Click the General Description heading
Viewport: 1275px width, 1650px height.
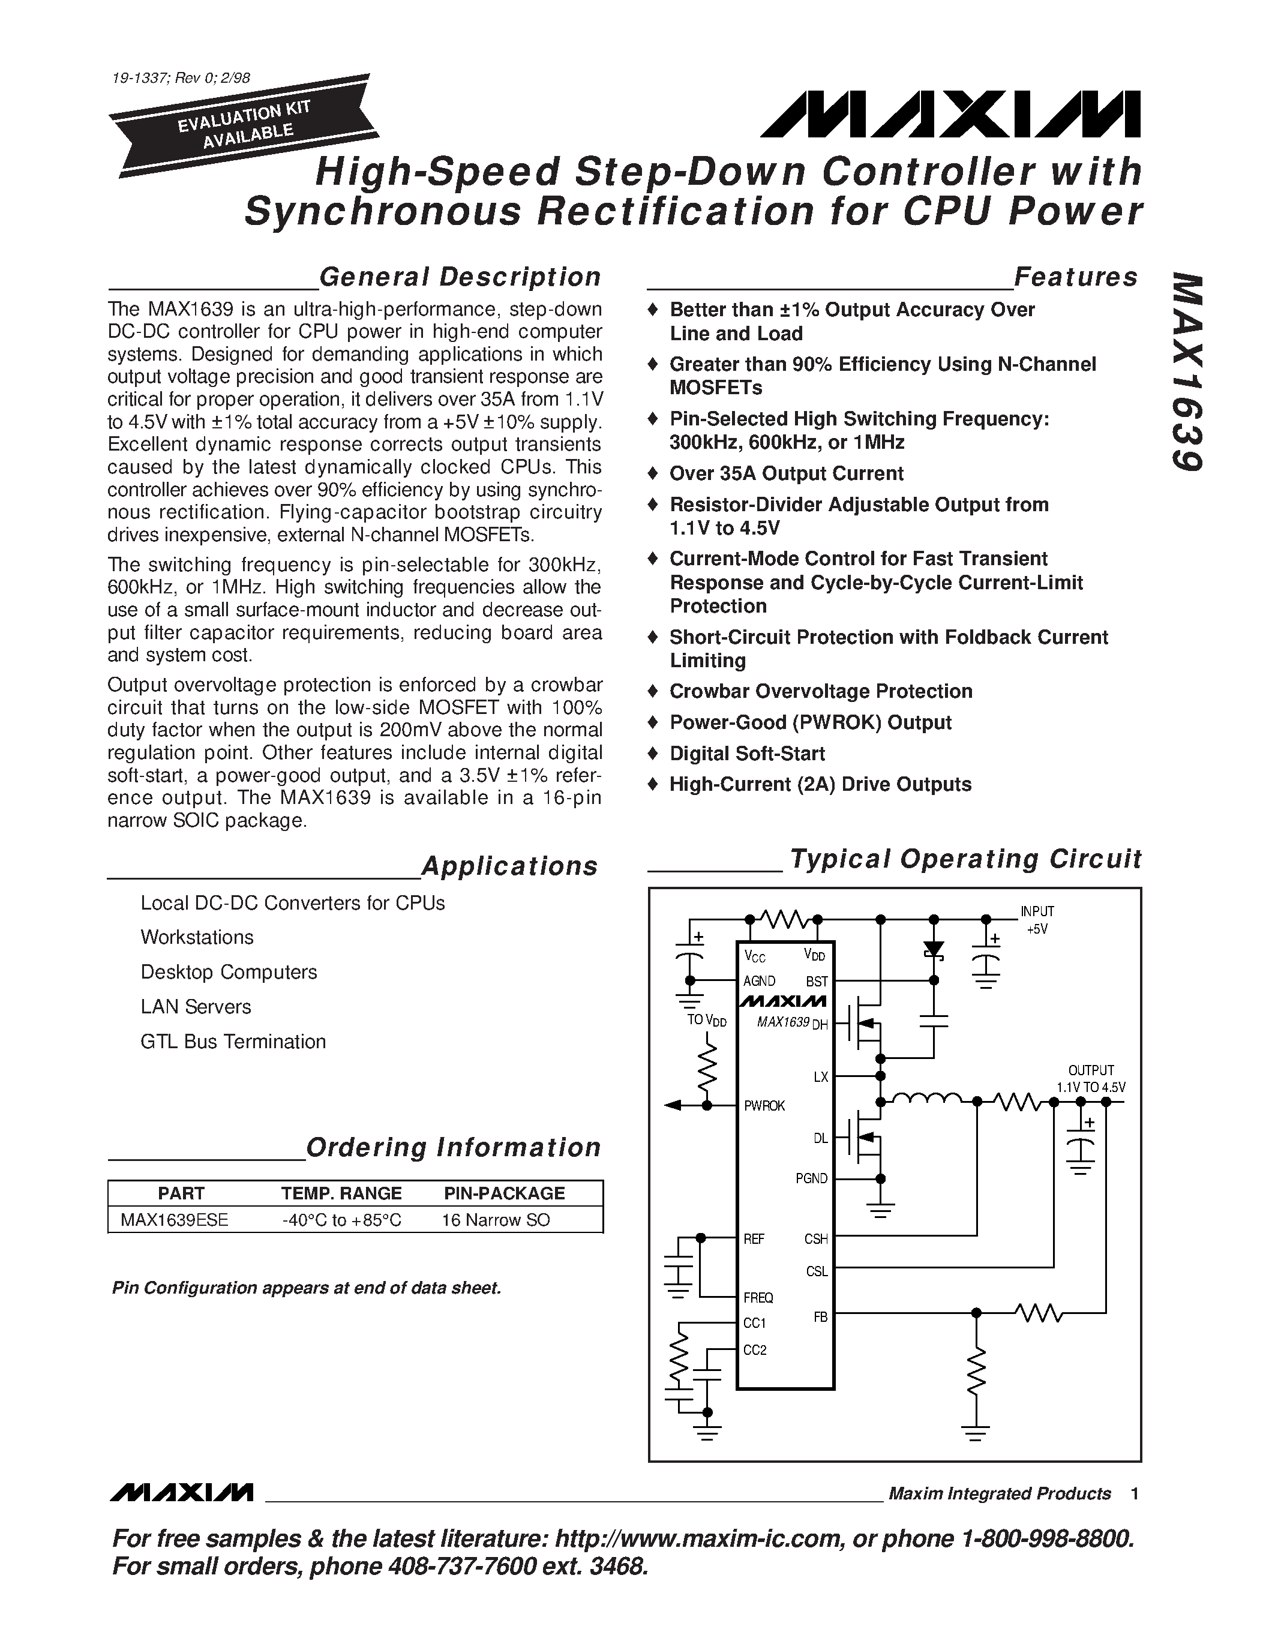460,277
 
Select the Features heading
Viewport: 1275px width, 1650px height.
1076,277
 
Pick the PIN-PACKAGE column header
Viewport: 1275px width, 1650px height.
504,1193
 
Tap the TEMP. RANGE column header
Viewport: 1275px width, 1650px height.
341,1193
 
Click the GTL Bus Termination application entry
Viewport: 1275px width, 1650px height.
233,1041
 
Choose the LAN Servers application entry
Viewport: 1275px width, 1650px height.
196,1006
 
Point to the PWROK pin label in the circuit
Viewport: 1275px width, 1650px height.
764,1106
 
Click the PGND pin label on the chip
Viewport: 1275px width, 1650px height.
811,1178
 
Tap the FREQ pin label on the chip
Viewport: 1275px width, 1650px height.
758,1297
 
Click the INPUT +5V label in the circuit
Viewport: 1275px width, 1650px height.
1037,920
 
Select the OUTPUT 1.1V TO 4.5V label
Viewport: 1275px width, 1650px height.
1091,1079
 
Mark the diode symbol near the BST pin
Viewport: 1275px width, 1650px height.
934,950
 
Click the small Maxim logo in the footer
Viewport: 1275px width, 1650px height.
181,1493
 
